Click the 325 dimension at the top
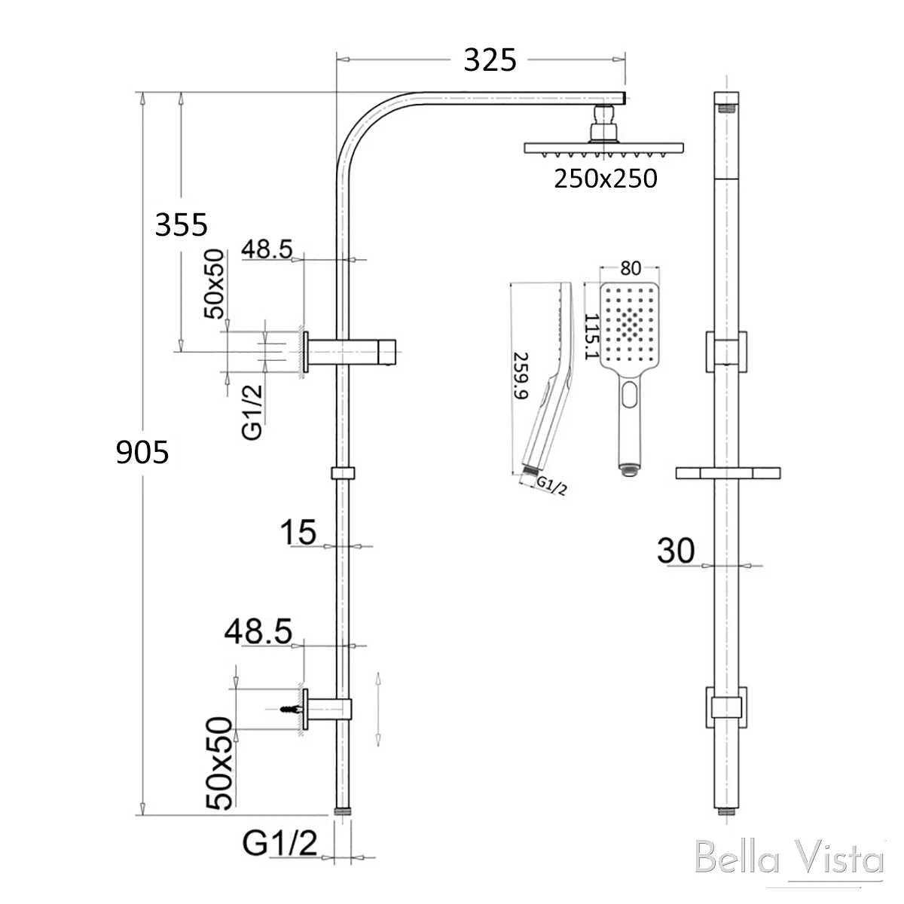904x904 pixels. (490, 60)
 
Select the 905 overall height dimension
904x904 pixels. (142, 452)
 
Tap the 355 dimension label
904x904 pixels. (181, 224)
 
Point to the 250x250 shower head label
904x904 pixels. (606, 179)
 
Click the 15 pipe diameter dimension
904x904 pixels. (298, 532)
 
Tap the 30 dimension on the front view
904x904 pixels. (676, 551)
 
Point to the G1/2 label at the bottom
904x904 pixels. (279, 843)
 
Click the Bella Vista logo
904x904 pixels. (788, 860)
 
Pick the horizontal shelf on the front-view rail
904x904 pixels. (727, 473)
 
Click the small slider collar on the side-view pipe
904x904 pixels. (342, 473)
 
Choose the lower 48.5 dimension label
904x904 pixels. (258, 632)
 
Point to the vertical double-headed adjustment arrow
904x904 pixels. (378, 708)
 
